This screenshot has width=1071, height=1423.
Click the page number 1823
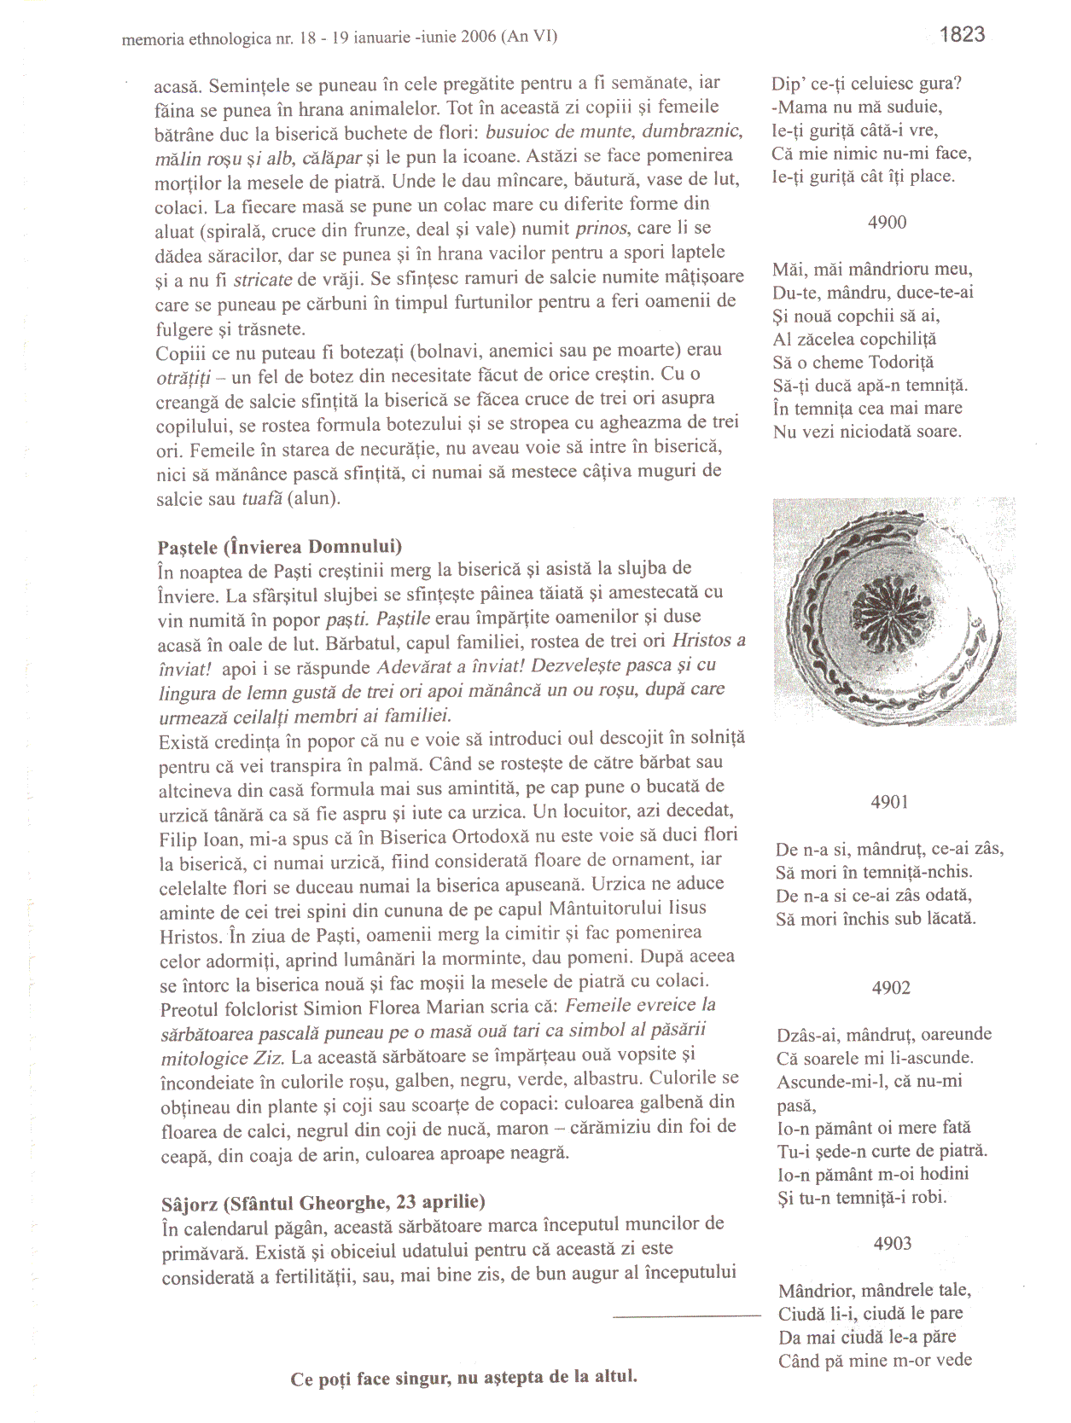pyautogui.click(x=962, y=35)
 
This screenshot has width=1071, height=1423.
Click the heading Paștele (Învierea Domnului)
pyautogui.click(x=280, y=547)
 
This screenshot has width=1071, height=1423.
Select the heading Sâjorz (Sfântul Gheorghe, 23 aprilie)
pyautogui.click(x=323, y=1203)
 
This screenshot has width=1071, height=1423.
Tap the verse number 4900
pyautogui.click(x=887, y=223)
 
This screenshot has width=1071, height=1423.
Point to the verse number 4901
pyautogui.click(x=889, y=802)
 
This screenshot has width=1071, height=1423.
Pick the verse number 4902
pyautogui.click(x=891, y=988)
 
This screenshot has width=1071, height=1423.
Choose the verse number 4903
pyautogui.click(x=893, y=1244)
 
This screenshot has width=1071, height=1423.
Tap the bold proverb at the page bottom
pyautogui.click(x=463, y=1378)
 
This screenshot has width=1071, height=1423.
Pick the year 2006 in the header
pyautogui.click(x=478, y=37)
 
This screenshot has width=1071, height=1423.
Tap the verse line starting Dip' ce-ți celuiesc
pyautogui.click(x=866, y=84)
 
